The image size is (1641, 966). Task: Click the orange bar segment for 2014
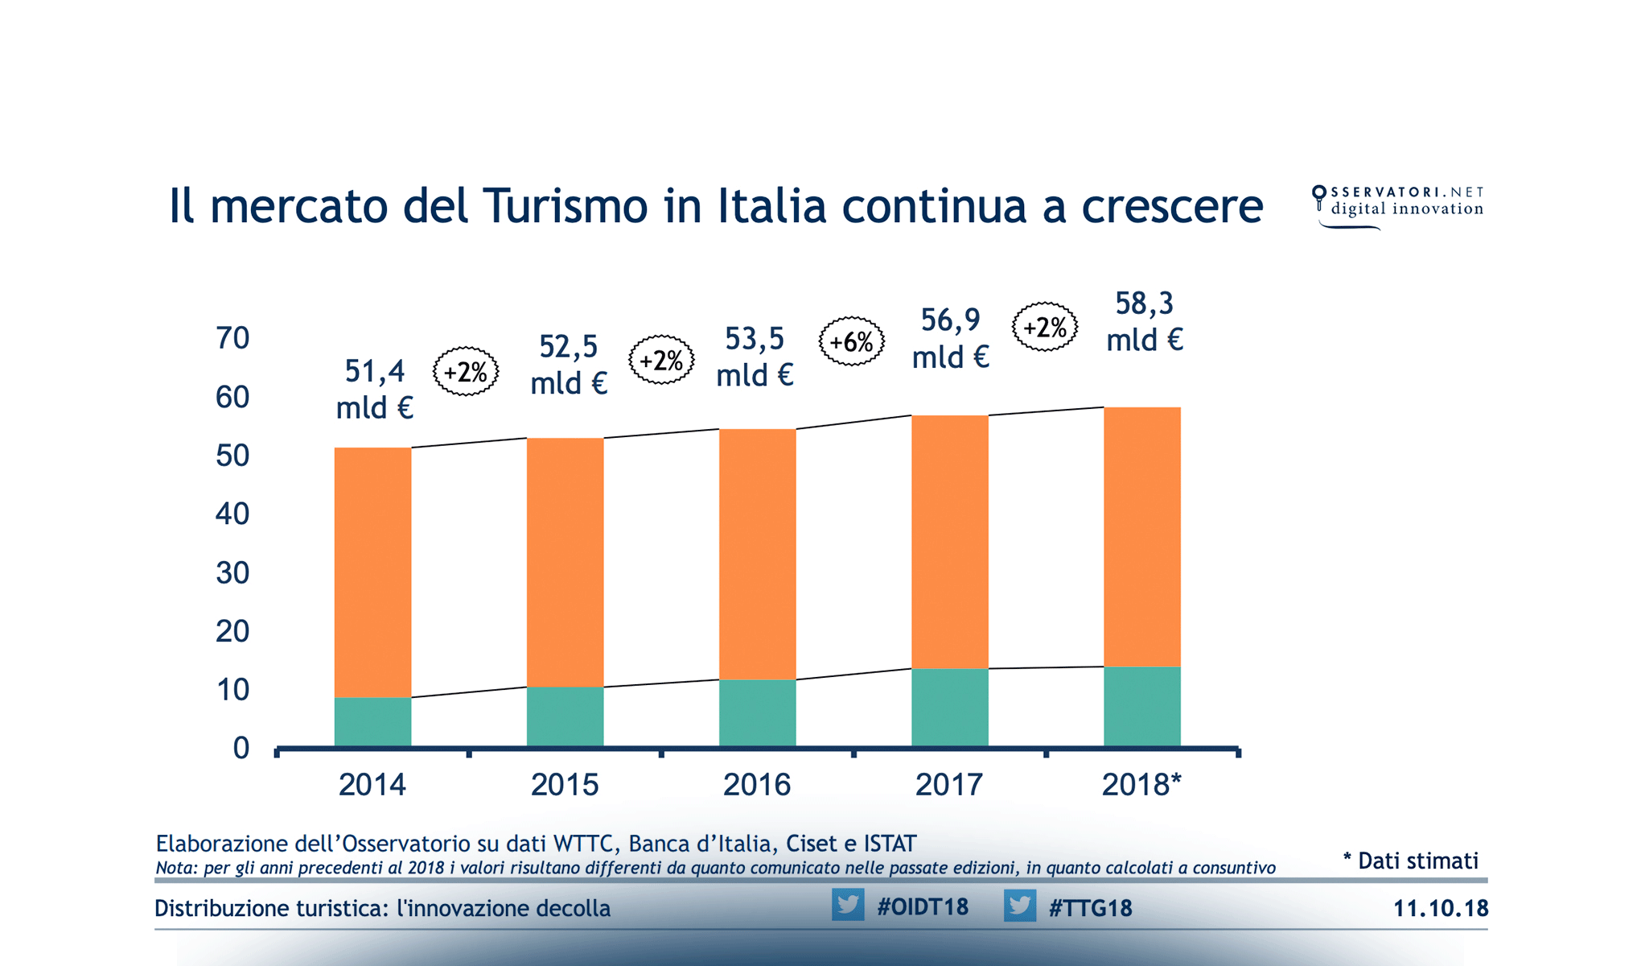(372, 572)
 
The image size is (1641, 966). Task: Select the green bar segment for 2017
(949, 707)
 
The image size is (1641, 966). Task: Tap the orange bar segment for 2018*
(1141, 537)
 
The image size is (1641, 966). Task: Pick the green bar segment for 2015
(565, 716)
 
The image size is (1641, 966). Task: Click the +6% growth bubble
(852, 342)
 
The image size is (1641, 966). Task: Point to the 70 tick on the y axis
(232, 338)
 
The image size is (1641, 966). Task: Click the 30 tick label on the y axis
(232, 573)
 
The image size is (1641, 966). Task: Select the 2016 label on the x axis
(756, 784)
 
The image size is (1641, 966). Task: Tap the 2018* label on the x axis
(1141, 784)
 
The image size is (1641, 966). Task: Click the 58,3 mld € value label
(1144, 321)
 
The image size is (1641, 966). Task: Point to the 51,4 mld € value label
(374, 389)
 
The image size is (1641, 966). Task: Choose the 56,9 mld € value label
(950, 338)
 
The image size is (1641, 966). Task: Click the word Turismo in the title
(565, 206)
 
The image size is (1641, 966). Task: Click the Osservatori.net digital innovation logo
(1398, 206)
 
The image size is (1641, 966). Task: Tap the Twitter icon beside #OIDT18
(848, 905)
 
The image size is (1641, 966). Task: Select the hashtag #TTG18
(1090, 908)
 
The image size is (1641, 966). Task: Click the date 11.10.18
(1440, 908)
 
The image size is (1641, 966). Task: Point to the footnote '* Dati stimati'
(1411, 861)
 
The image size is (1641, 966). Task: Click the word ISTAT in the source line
(890, 844)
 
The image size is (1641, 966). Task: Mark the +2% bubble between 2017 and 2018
(1045, 327)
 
